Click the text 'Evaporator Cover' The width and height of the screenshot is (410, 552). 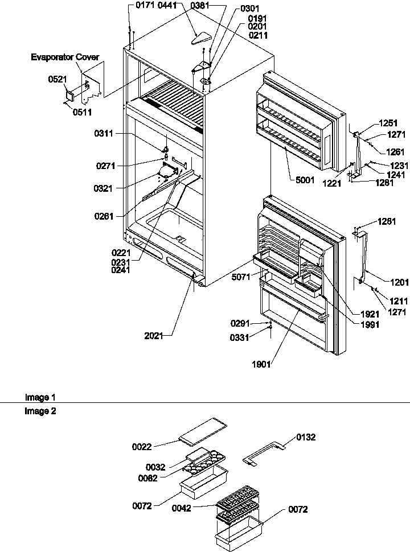point(65,57)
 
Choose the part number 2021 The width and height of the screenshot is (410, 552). point(154,336)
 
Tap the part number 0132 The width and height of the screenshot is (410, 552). point(305,438)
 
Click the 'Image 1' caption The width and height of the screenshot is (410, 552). point(40,397)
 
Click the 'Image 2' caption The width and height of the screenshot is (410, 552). point(40,411)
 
